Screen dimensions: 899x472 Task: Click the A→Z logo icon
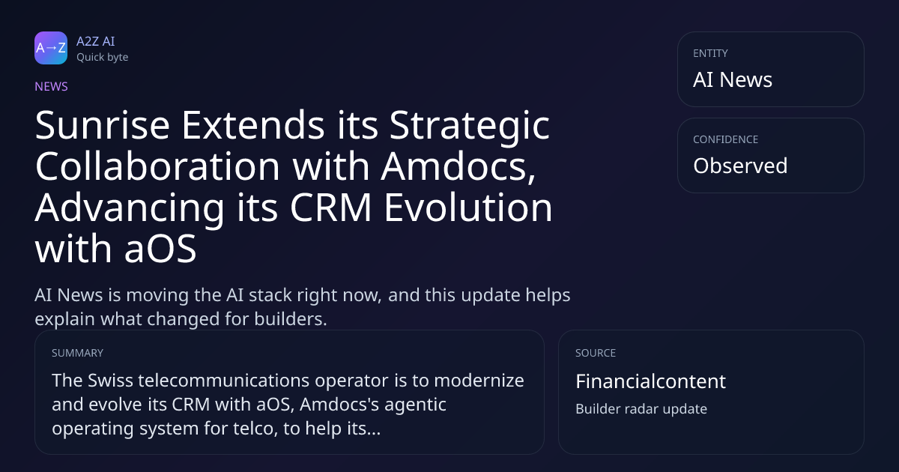coord(51,48)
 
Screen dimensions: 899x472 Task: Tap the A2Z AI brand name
coord(96,41)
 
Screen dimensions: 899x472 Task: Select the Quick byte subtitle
coord(103,58)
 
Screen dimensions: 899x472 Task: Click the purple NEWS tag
coord(51,87)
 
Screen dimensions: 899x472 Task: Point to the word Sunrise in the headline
coord(103,125)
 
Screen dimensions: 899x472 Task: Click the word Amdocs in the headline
coord(458,166)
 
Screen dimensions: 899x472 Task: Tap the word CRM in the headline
coord(330,208)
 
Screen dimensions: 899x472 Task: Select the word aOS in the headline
coord(160,249)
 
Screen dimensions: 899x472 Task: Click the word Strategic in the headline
coord(469,126)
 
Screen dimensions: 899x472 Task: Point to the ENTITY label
coord(710,53)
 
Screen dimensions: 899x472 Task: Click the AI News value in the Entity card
coord(733,79)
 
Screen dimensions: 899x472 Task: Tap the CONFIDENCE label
coord(726,139)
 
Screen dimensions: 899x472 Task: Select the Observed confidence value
coord(740,166)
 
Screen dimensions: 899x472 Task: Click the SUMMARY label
coord(77,353)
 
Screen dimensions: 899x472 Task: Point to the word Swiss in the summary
coord(110,381)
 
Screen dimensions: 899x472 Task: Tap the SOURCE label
coord(596,353)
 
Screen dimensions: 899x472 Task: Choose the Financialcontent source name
coord(650,381)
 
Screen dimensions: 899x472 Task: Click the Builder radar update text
coord(641,409)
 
